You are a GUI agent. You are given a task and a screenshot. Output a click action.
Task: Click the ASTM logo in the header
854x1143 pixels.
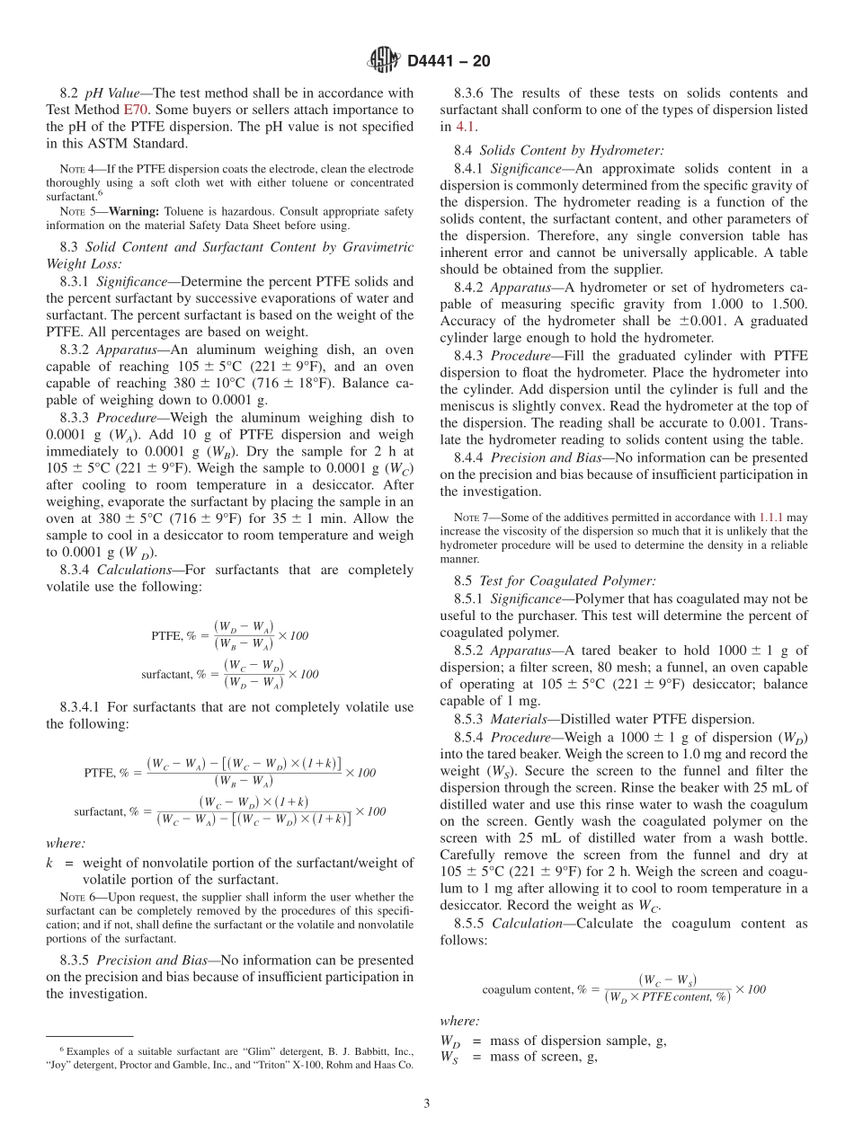(x=385, y=60)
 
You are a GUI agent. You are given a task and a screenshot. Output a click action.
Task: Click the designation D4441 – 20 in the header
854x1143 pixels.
(x=449, y=61)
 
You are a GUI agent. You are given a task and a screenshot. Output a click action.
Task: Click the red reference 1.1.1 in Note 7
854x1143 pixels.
(x=771, y=518)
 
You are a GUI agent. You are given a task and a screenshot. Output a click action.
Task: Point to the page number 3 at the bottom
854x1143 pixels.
(x=427, y=1104)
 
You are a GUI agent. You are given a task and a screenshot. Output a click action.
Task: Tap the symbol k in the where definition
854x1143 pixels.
(x=50, y=864)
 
